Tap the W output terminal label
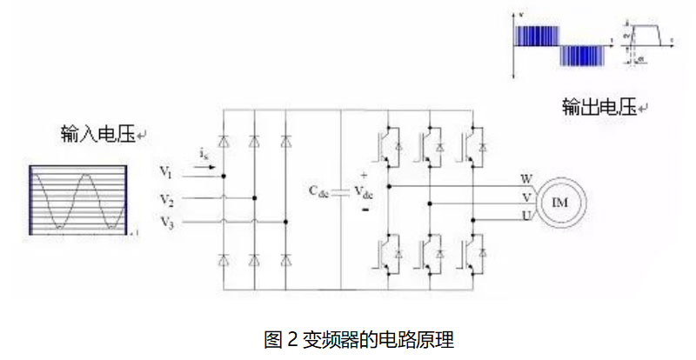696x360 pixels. click(526, 180)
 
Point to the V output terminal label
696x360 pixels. click(526, 197)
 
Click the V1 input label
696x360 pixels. click(167, 170)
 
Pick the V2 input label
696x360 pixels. click(167, 202)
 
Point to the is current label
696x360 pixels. click(203, 154)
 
